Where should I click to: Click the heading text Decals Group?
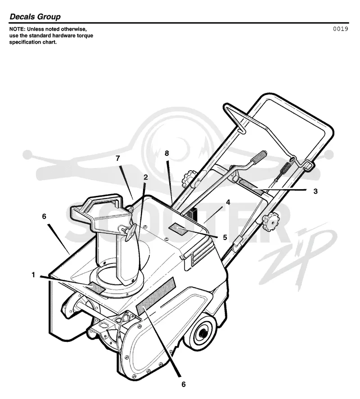pos(35,17)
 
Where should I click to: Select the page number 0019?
pos(340,29)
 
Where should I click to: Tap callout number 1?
pos(33,275)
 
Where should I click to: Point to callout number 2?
pos(145,177)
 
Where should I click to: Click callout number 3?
pos(315,191)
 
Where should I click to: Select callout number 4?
pos(228,202)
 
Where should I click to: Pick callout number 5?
pos(225,237)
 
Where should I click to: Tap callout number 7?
pos(117,158)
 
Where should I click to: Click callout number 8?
pos(167,153)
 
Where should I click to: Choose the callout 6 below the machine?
pos(184,384)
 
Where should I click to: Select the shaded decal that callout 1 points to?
pos(95,288)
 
